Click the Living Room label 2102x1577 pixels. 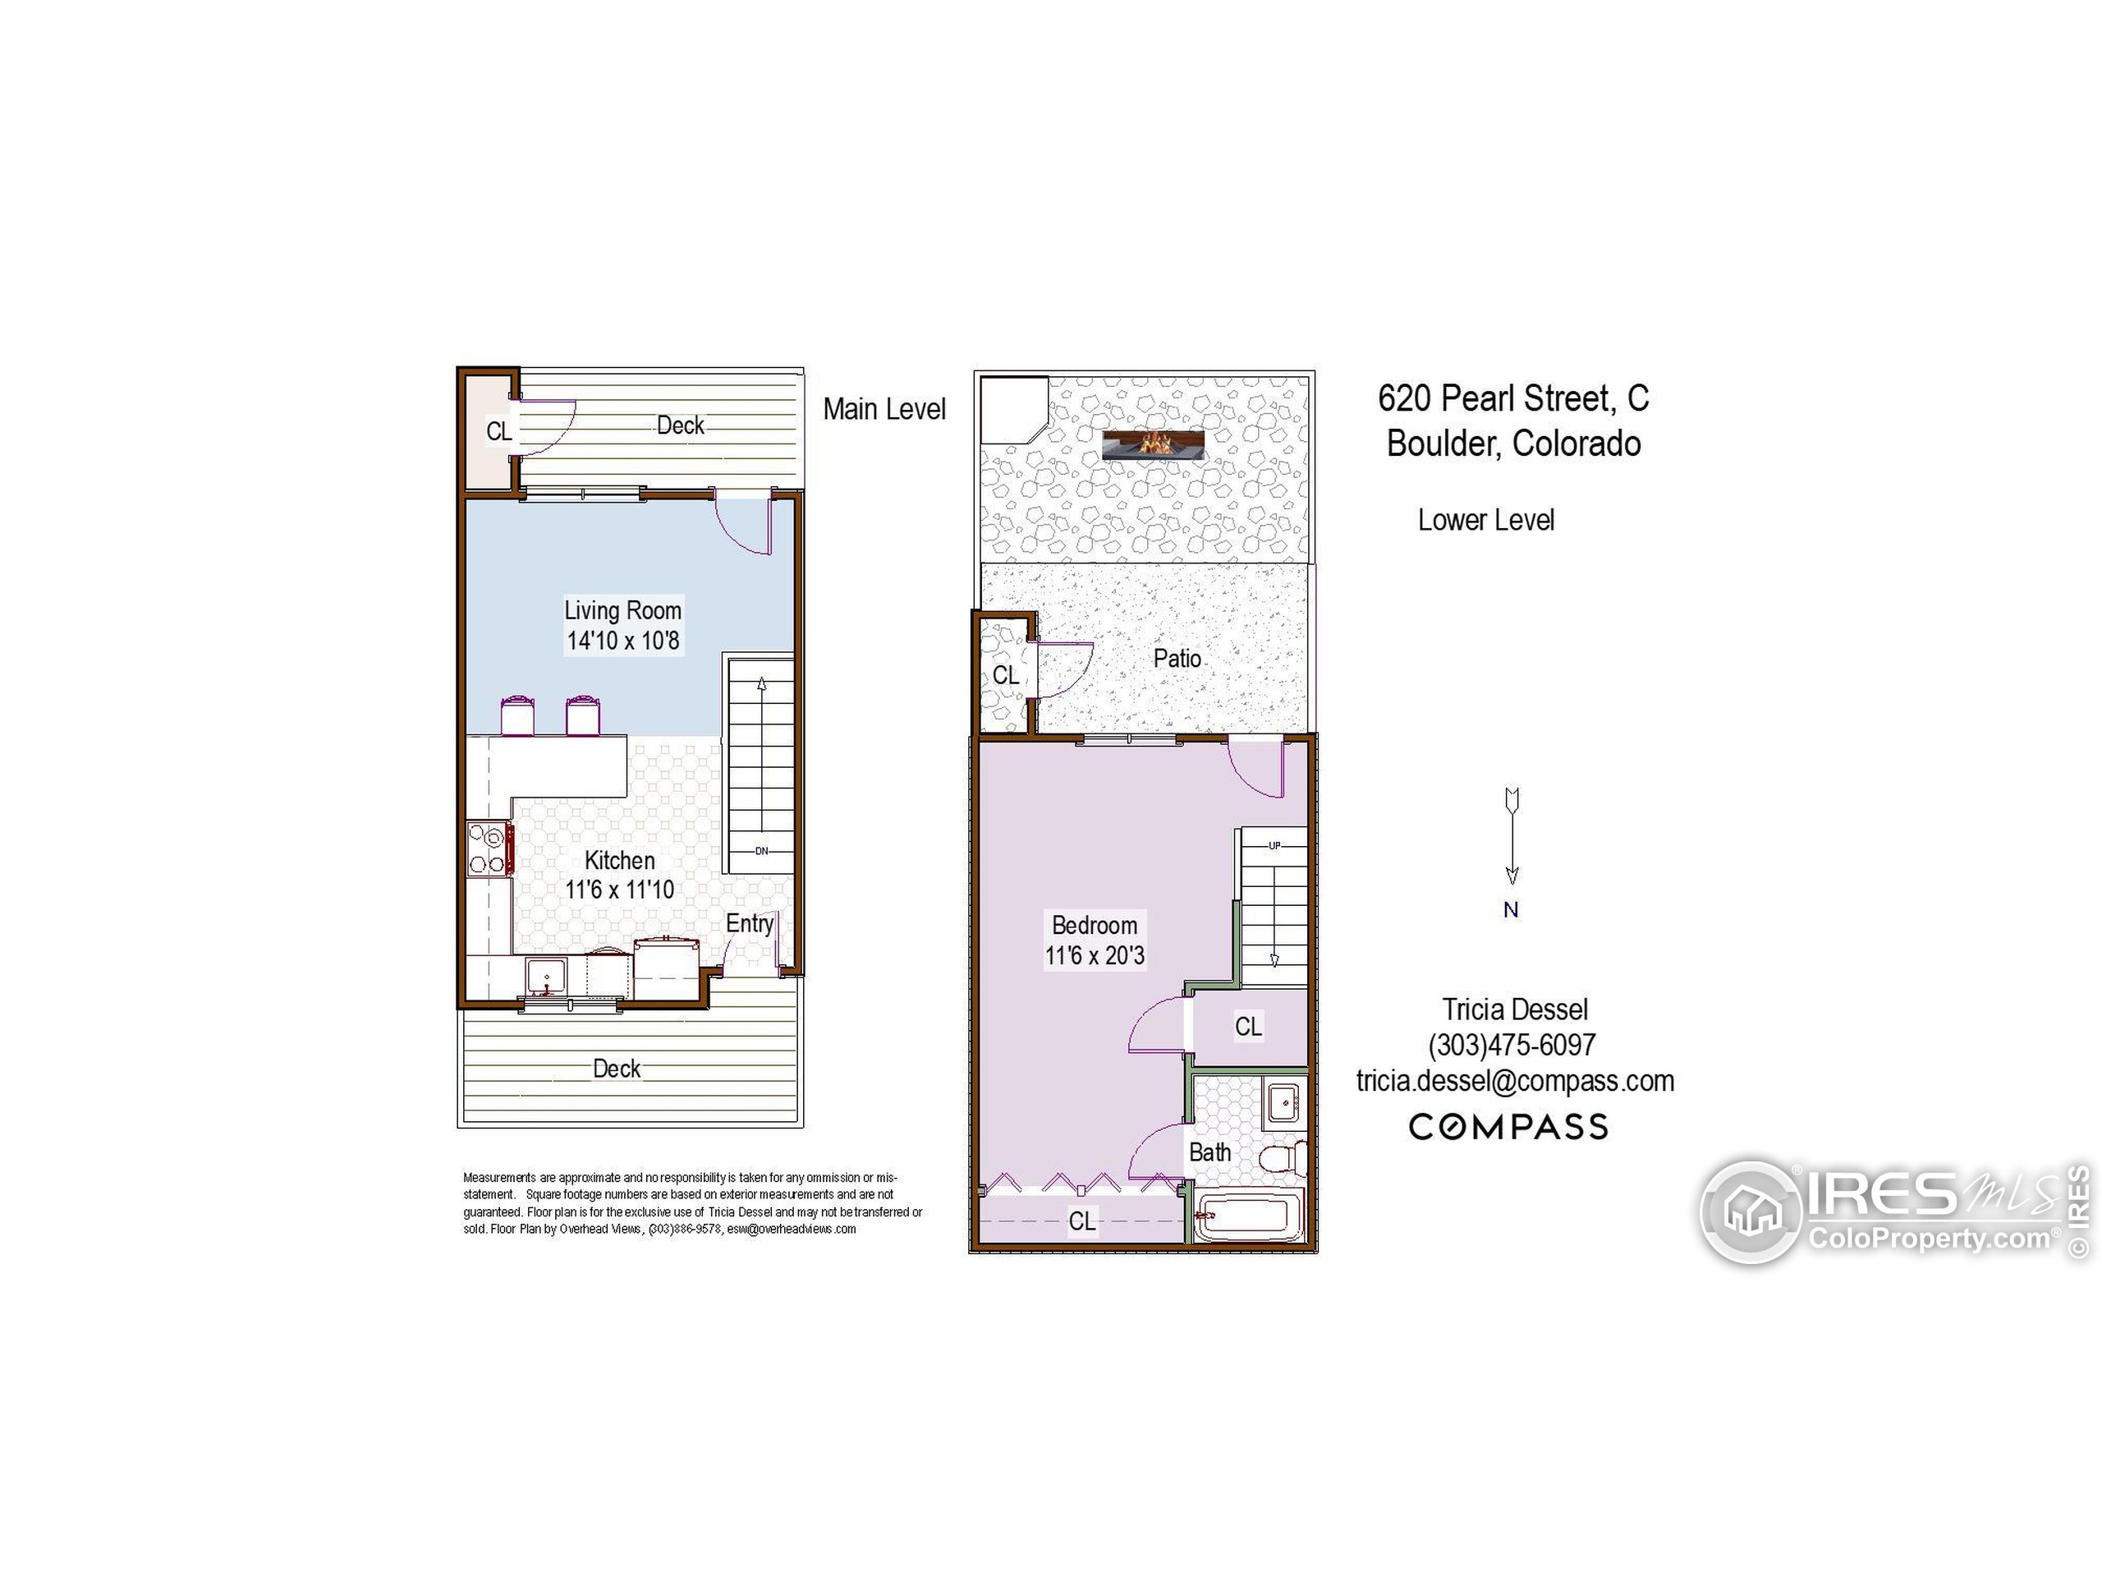click(622, 610)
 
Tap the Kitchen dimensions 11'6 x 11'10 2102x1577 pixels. click(620, 890)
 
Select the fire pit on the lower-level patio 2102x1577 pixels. click(1154, 444)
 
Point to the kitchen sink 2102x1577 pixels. click(546, 977)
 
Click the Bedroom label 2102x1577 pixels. click(1094, 925)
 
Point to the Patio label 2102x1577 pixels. click(1177, 658)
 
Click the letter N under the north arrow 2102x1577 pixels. click(1511, 910)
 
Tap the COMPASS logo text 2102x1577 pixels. click(1508, 1128)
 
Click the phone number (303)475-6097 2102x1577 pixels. click(1512, 1046)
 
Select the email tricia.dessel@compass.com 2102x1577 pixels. click(1515, 1081)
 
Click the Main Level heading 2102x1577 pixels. click(883, 409)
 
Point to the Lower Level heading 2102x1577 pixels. click(1485, 520)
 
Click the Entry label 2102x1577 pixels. click(749, 923)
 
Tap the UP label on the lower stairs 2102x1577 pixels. click(1274, 845)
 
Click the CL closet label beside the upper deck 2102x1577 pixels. click(499, 430)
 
